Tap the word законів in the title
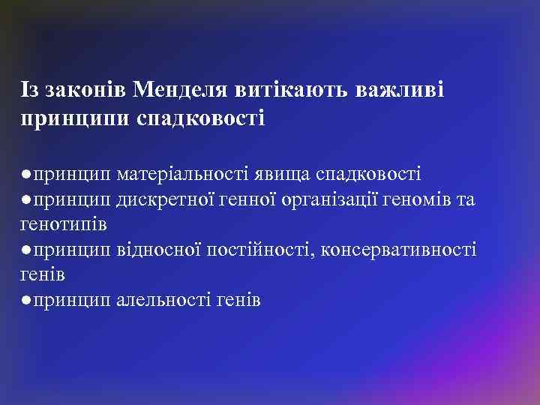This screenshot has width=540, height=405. coord(85,90)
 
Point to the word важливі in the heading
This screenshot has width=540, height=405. coord(401,90)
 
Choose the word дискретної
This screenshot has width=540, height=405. coord(162,200)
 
